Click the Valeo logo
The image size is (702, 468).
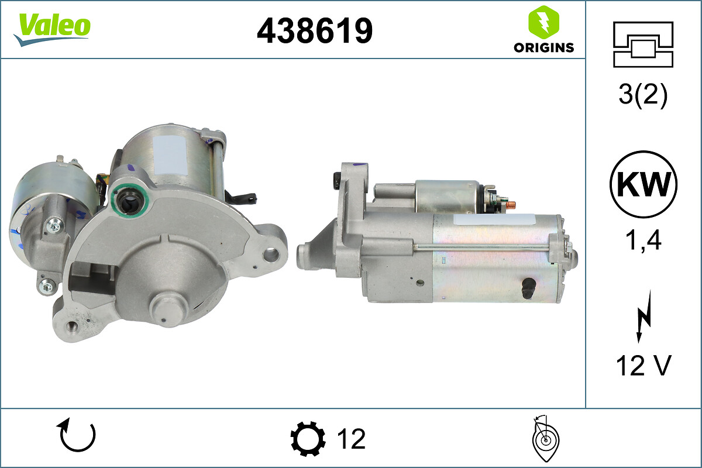pos(52,27)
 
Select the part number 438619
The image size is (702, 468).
pos(315,30)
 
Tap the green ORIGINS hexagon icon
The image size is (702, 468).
pos(543,22)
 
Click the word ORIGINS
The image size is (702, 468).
pos(543,48)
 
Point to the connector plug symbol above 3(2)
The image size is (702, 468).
pos(643,44)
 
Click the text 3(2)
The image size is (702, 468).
pos(643,95)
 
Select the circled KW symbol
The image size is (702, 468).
pos(643,184)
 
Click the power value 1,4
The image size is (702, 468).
pos(643,240)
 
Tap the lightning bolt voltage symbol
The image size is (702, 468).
pos(643,316)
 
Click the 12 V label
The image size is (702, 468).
pos(643,366)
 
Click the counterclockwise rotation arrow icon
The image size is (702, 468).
pos(76,436)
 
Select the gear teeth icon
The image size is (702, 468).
pos(308,439)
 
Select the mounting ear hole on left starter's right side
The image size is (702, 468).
pos(270,254)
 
